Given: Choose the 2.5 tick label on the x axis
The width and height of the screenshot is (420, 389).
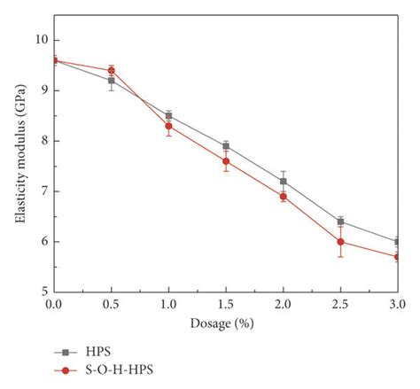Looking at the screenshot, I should pyautogui.click(x=341, y=304).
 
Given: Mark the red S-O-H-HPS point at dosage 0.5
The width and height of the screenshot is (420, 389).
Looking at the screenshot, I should pyautogui.click(x=111, y=70).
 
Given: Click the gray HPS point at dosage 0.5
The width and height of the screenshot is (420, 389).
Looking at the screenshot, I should pyautogui.click(x=111, y=81).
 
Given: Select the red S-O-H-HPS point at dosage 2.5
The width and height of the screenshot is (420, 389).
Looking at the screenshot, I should pyautogui.click(x=341, y=241).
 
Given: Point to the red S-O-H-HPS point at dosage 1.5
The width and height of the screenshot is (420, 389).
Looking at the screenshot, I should pyautogui.click(x=226, y=160).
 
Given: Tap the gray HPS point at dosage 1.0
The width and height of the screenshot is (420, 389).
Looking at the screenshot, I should pyautogui.click(x=168, y=115).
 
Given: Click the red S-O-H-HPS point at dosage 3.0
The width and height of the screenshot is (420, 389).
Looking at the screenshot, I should pyautogui.click(x=398, y=256).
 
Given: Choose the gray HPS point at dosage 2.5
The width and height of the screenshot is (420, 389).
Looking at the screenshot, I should pyautogui.click(x=341, y=222).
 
